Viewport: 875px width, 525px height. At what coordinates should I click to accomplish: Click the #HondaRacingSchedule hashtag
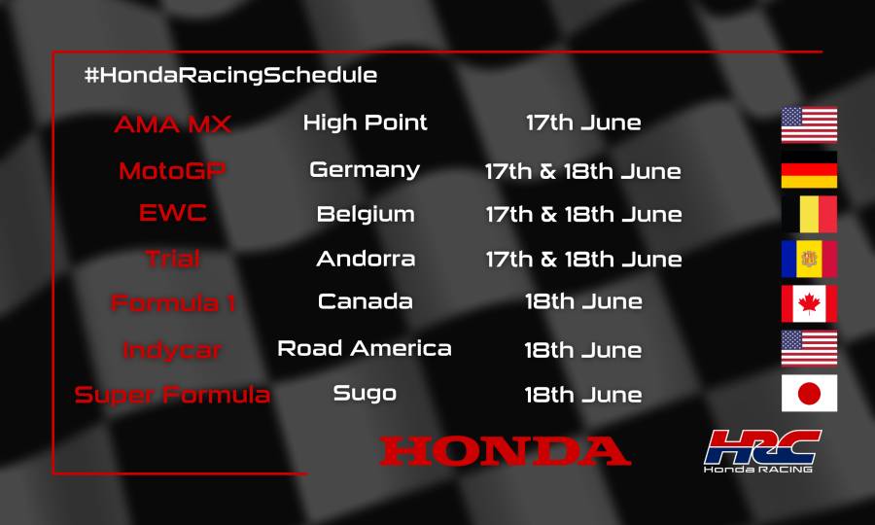coord(230,75)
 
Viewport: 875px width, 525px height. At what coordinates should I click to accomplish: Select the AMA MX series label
coord(173,125)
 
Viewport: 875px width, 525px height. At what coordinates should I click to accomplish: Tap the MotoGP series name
coord(173,171)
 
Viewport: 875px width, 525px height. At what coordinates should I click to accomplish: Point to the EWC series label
coord(173,214)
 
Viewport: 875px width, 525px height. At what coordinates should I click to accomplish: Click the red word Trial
coord(173,259)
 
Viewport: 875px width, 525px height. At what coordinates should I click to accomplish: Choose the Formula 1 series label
coord(173,302)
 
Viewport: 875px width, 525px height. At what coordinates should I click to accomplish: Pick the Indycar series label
coord(173,349)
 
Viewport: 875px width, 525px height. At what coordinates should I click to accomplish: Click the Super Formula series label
coord(173,395)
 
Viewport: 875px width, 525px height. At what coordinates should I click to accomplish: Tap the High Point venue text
coord(365,123)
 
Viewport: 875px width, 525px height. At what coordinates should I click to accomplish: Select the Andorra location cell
coord(365,259)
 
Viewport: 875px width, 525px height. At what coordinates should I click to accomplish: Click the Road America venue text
coord(365,348)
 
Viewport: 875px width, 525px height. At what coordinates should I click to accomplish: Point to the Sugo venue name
coord(365,394)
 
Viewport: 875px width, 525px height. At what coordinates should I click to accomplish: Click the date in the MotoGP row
coord(582,172)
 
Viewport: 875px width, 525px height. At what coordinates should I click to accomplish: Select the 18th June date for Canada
coord(582,301)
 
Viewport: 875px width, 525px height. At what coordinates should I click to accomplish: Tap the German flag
coord(809,170)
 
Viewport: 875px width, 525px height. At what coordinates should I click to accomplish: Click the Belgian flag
coord(809,214)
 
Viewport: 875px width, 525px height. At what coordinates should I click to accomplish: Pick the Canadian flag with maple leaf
coord(809,303)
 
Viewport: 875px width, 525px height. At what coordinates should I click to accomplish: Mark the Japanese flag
coord(809,393)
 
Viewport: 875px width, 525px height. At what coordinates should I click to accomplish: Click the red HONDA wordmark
coord(505,451)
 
